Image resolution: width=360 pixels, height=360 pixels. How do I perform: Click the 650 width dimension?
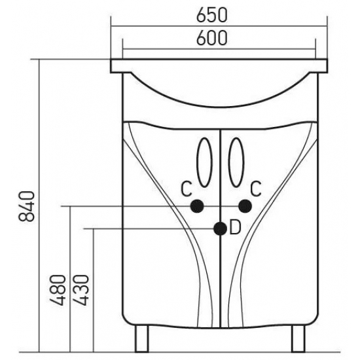click(x=212, y=16)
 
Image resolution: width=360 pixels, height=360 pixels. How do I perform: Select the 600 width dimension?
click(x=212, y=38)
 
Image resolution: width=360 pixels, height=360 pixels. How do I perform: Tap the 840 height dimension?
click(x=27, y=206)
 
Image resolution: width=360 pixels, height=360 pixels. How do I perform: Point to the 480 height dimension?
click(x=58, y=290)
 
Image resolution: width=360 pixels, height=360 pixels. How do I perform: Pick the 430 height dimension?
click(x=81, y=290)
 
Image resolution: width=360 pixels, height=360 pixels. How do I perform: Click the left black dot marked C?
click(x=197, y=206)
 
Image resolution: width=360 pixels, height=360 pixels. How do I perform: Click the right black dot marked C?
click(x=245, y=206)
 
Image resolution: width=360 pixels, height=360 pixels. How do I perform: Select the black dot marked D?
click(x=220, y=228)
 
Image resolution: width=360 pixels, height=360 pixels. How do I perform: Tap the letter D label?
click(x=235, y=227)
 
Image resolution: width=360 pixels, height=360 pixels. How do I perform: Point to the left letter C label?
click(x=186, y=189)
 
